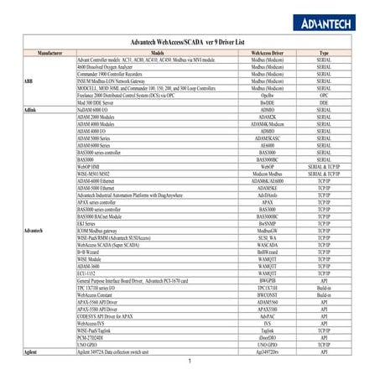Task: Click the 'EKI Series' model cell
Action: [x=89, y=224]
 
